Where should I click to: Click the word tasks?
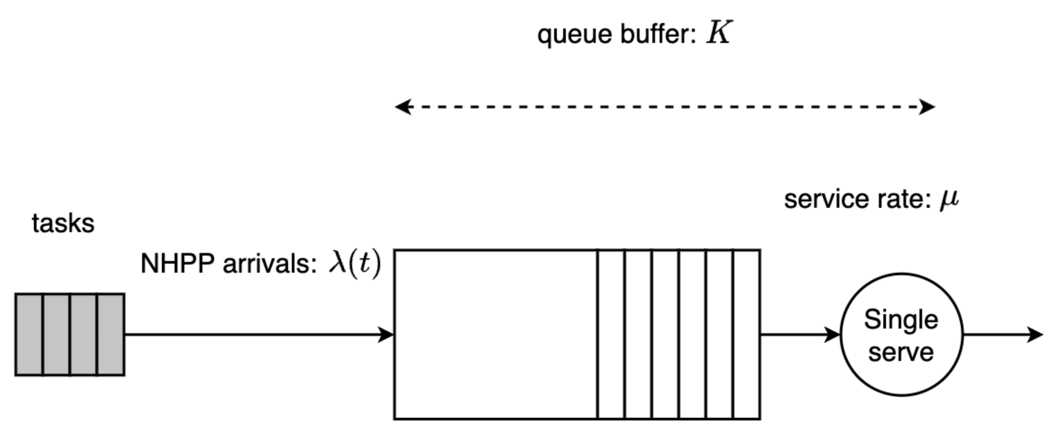click(x=63, y=224)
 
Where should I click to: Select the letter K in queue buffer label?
click(x=719, y=32)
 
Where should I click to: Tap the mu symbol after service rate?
click(x=949, y=199)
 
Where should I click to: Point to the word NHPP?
click(x=177, y=264)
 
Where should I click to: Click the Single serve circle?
click(x=901, y=335)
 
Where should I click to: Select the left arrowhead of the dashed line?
click(x=403, y=107)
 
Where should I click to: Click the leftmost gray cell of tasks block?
click(x=29, y=334)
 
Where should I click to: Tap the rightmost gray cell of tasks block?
click(x=111, y=334)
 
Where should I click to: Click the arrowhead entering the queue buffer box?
click(x=386, y=334)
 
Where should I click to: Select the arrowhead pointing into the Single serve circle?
click(x=832, y=334)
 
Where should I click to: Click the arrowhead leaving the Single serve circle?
click(x=1035, y=334)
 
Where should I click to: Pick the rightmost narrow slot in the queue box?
click(x=747, y=334)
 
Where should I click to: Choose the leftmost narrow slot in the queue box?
click(x=611, y=334)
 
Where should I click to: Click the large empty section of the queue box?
click(x=495, y=334)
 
